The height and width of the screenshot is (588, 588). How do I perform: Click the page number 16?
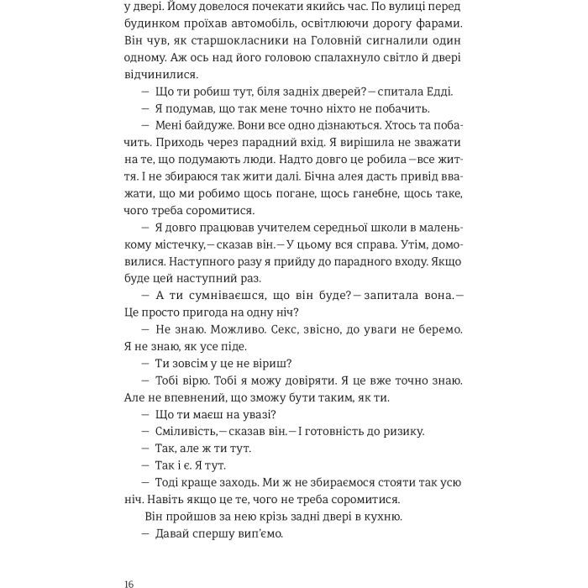(129, 561)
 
